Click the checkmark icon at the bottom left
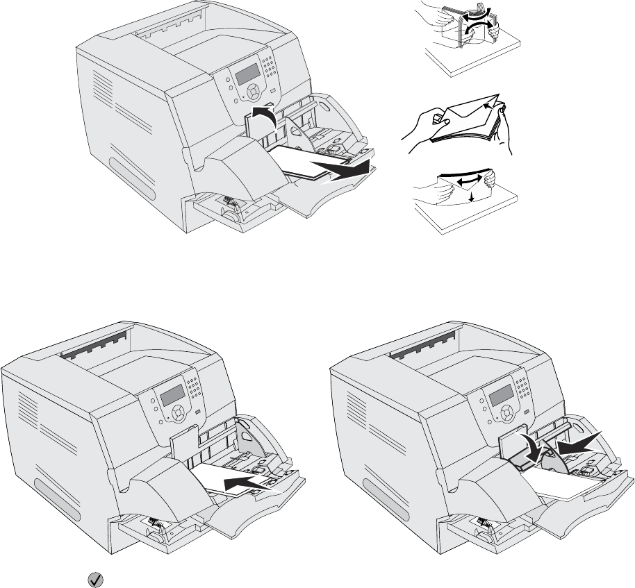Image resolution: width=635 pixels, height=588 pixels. (x=90, y=578)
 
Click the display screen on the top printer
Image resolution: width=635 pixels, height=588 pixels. (x=245, y=75)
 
